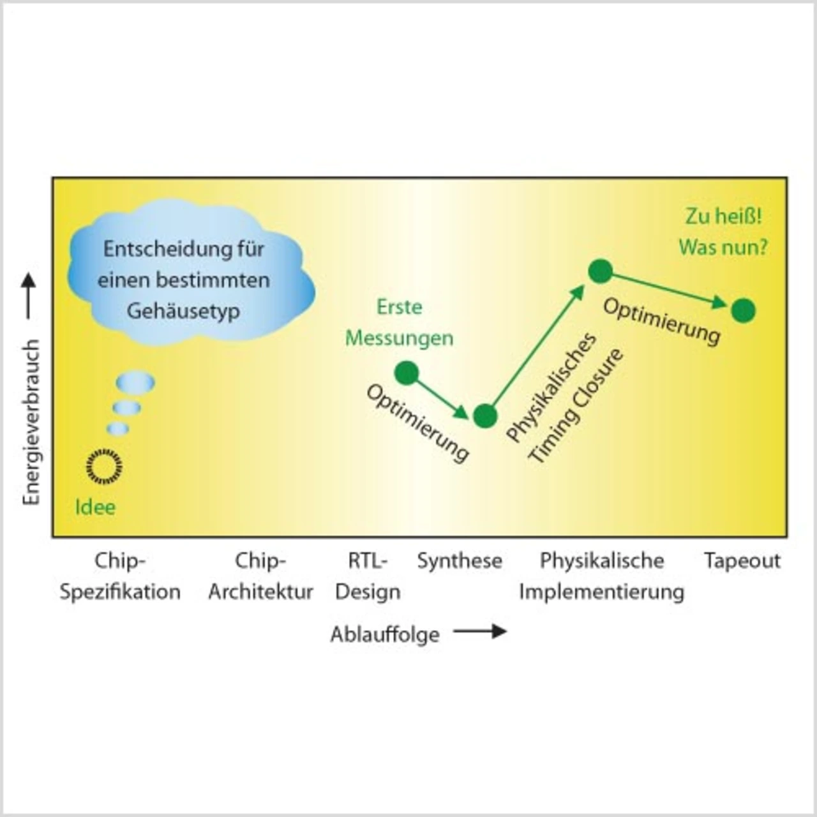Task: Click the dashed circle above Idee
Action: click(103, 466)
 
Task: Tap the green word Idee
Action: click(95, 507)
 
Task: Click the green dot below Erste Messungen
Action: click(407, 373)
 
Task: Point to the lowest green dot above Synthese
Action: click(485, 416)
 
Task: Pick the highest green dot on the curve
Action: click(600, 271)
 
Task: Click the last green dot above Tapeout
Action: click(743, 311)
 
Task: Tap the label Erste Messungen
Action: click(400, 322)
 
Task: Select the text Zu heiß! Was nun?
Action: click(723, 231)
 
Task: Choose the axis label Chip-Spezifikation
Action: click(120, 576)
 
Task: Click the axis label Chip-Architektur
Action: click(260, 576)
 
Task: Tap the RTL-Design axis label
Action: click(368, 576)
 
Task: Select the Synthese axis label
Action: click(460, 561)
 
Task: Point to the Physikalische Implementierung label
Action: click(601, 576)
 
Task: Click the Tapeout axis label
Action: click(742, 561)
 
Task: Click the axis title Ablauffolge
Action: click(385, 634)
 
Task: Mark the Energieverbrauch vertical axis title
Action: click(31, 421)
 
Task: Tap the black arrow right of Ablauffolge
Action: click(480, 632)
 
